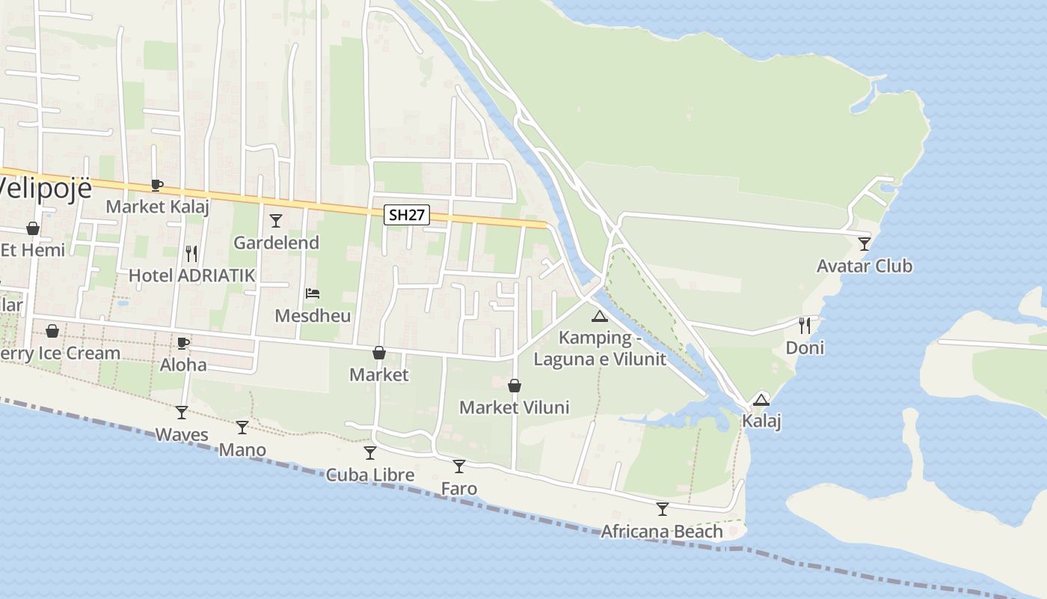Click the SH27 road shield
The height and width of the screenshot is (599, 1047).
coord(408,215)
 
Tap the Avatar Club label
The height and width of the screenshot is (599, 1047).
coord(864,266)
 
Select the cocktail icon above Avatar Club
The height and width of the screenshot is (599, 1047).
coord(865,243)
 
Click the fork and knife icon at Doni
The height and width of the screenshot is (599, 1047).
coord(805,326)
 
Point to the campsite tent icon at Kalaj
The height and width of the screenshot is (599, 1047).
coord(761,400)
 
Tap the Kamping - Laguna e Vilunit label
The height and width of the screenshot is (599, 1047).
coord(599,348)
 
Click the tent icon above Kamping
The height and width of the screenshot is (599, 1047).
coord(599,317)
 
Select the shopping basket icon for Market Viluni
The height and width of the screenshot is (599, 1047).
coord(515,386)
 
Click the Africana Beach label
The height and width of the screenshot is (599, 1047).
coord(662,532)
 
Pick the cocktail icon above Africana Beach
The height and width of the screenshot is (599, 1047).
coord(663,509)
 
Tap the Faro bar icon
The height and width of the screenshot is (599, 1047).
coord(459,466)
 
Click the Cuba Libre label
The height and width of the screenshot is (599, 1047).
coord(370,475)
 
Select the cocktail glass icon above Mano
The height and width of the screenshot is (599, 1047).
coord(242,428)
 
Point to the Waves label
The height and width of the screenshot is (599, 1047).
coord(182,434)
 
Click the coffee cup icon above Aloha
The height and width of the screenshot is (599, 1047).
coord(183,343)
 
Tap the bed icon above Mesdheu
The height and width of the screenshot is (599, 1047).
coord(313,294)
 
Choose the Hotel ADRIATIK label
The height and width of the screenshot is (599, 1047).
coord(192,275)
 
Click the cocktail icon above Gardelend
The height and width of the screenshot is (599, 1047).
coord(276,220)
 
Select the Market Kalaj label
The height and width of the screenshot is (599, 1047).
coord(158,206)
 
